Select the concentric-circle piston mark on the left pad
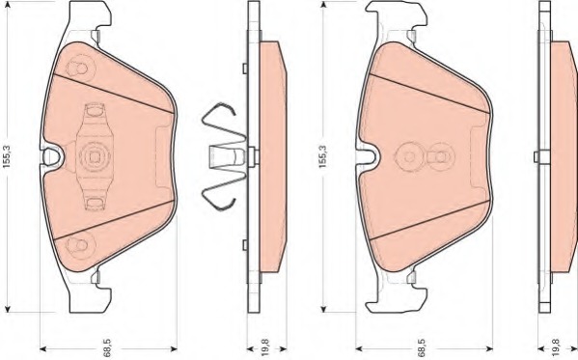click(x=95, y=154)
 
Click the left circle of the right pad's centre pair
click(x=409, y=154)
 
